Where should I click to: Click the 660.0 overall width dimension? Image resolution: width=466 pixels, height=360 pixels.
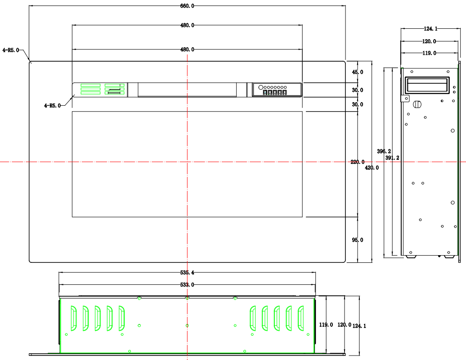(187, 6)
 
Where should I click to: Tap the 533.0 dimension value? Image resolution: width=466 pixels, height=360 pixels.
(187, 285)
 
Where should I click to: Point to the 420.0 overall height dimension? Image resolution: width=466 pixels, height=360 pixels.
(372, 167)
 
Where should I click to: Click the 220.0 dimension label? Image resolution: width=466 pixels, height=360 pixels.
(358, 162)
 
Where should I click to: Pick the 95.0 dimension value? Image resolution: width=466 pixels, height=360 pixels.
(358, 240)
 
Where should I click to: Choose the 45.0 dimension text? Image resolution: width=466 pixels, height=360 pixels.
(358, 72)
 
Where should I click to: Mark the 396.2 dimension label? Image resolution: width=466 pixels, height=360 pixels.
(384, 152)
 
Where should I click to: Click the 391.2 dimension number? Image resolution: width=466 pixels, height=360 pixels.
(393, 158)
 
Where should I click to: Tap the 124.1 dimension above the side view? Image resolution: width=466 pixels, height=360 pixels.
(430, 29)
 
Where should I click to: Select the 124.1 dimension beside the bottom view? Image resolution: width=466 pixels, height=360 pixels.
(359, 326)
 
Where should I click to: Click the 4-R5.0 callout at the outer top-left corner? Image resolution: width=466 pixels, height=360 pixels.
(11, 50)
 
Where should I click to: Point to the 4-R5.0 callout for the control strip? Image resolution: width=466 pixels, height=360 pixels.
(52, 106)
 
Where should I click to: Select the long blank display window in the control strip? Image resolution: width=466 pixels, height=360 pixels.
(187, 90)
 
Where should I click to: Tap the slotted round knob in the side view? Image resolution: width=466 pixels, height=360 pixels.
(417, 104)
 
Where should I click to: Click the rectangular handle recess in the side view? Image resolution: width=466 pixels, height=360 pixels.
(427, 85)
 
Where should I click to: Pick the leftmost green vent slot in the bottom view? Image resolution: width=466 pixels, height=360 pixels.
(73, 318)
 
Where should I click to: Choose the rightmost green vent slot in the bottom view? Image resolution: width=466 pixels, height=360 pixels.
(300, 318)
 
